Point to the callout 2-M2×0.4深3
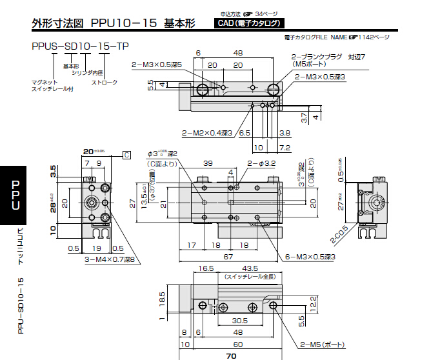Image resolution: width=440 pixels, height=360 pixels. pos(206,133)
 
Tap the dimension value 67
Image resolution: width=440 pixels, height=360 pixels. pos(229,256)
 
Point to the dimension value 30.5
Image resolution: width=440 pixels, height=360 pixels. pos(240,320)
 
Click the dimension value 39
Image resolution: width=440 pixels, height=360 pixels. pos(208,163)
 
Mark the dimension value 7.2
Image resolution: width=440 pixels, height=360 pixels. pos(285,148)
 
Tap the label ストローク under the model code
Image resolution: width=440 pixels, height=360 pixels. pos(104,82)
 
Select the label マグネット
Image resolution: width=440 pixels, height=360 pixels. pos(45,82)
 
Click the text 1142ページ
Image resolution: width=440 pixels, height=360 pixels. pos(375,37)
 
